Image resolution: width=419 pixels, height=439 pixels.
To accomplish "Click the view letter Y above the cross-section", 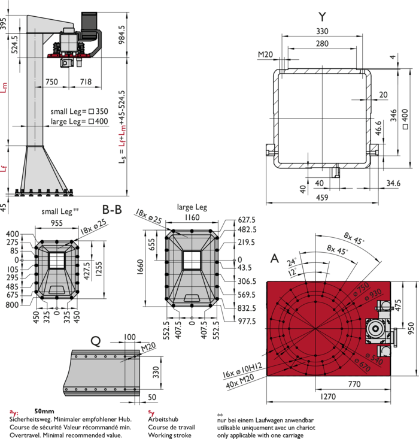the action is point(323,17).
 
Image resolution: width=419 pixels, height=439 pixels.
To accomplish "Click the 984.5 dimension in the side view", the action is point(122,34).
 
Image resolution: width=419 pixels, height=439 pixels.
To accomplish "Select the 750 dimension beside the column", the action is point(52,82).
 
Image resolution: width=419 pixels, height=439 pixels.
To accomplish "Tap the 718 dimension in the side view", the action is point(86,82).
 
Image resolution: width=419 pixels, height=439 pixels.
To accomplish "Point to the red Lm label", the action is point(4,87).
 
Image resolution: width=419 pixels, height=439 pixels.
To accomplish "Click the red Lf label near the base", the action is point(4,168).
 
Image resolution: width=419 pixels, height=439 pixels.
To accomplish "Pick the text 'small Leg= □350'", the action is point(79,111).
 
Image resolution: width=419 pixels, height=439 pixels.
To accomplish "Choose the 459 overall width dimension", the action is point(322,198).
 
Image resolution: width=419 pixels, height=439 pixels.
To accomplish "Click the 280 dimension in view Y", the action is point(322,43).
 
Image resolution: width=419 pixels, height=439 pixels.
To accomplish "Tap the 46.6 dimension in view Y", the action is point(378,128).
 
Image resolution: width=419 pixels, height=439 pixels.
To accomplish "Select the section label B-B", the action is point(112,210).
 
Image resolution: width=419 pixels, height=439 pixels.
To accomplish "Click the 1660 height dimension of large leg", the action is point(140,267).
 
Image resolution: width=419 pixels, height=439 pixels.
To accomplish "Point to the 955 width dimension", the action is point(56,223).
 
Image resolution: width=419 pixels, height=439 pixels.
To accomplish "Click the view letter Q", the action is point(96,341).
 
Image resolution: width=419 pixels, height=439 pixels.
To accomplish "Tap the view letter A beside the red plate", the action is point(275,258).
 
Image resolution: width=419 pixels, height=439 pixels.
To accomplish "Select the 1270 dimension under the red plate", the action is point(328,396).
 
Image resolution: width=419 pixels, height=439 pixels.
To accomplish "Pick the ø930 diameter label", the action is point(373,295).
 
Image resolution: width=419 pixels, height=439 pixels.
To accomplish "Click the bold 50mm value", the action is point(44,411).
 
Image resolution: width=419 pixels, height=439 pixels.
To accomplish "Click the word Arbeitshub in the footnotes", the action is point(163,419).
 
